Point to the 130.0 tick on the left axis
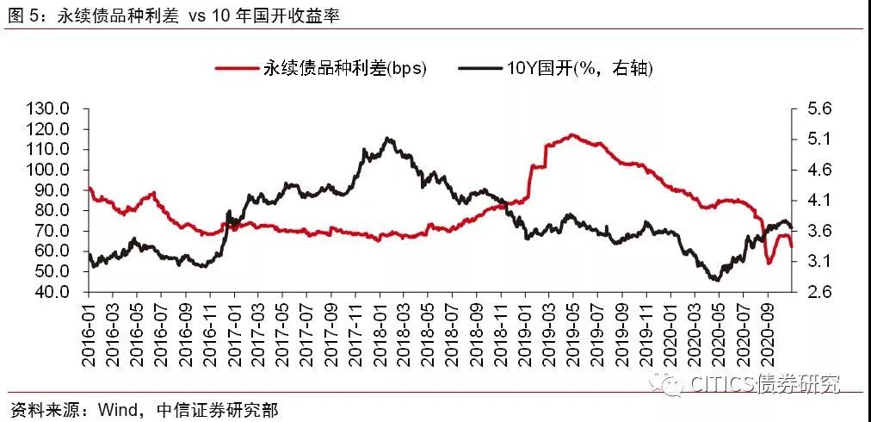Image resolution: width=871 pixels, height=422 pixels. (x=47, y=109)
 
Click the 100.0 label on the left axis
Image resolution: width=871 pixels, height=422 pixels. (x=47, y=170)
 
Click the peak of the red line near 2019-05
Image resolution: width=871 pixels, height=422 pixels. (x=571, y=134)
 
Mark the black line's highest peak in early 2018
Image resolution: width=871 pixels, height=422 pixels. (x=388, y=138)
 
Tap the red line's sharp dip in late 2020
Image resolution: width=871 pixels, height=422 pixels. (x=769, y=263)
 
